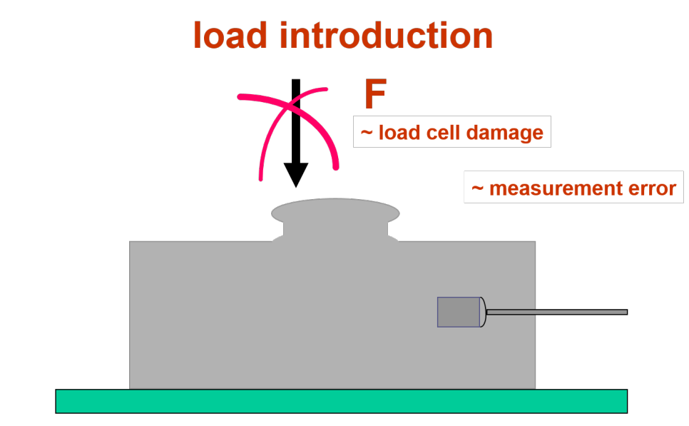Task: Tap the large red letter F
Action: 375,94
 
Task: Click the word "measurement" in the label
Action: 549,188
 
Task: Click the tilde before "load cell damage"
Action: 367,133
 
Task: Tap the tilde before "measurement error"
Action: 478,188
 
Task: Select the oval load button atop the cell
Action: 335,211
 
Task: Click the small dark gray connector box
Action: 458,312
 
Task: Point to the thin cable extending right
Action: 556,312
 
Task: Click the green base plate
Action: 341,401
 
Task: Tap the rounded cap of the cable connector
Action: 483,312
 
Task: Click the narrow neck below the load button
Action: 335,229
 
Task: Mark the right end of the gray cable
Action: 624,312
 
